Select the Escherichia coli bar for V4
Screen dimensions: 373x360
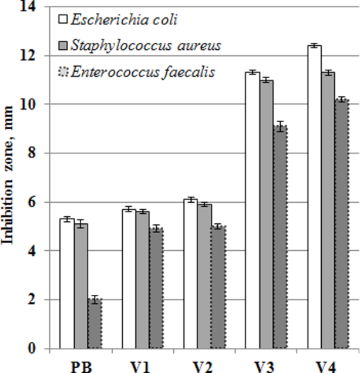click(x=314, y=197)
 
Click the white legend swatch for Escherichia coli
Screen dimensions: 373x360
click(x=63, y=21)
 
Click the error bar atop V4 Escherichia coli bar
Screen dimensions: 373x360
click(x=314, y=46)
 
